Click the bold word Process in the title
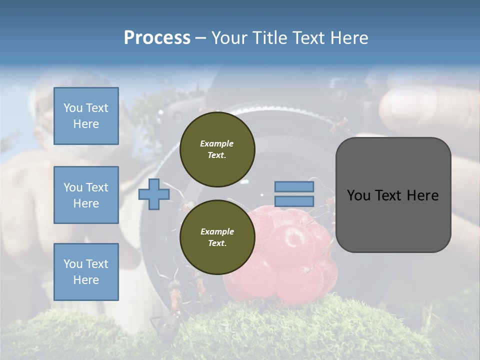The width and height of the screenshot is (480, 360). [157, 38]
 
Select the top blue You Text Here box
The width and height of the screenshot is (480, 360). [86, 116]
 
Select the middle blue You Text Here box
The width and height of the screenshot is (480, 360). [86, 195]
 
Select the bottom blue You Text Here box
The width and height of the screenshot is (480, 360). [86, 272]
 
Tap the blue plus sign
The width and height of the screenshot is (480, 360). [153, 194]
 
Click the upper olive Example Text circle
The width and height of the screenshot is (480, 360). [217, 149]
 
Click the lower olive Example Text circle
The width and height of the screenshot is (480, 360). [217, 237]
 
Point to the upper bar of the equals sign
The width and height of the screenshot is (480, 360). [294, 187]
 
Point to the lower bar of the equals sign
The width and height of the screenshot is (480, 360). [294, 201]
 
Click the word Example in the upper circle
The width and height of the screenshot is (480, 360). [217, 143]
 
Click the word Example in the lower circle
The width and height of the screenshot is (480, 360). [217, 231]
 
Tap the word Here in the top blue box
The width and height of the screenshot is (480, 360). [86, 124]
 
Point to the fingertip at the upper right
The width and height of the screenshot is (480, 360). [400, 105]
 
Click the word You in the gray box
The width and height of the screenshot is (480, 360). [358, 195]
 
